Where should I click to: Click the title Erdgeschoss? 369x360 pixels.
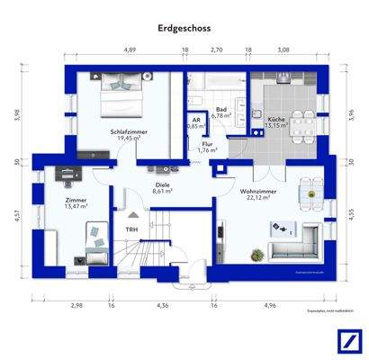pyautogui.click(x=184, y=29)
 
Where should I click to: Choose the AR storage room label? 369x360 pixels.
pyautogui.click(x=195, y=120)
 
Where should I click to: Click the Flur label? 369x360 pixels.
pyautogui.click(x=207, y=143)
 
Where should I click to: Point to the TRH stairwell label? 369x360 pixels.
pyautogui.click(x=131, y=229)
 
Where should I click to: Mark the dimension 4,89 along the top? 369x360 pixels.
pyautogui.click(x=130, y=52)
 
